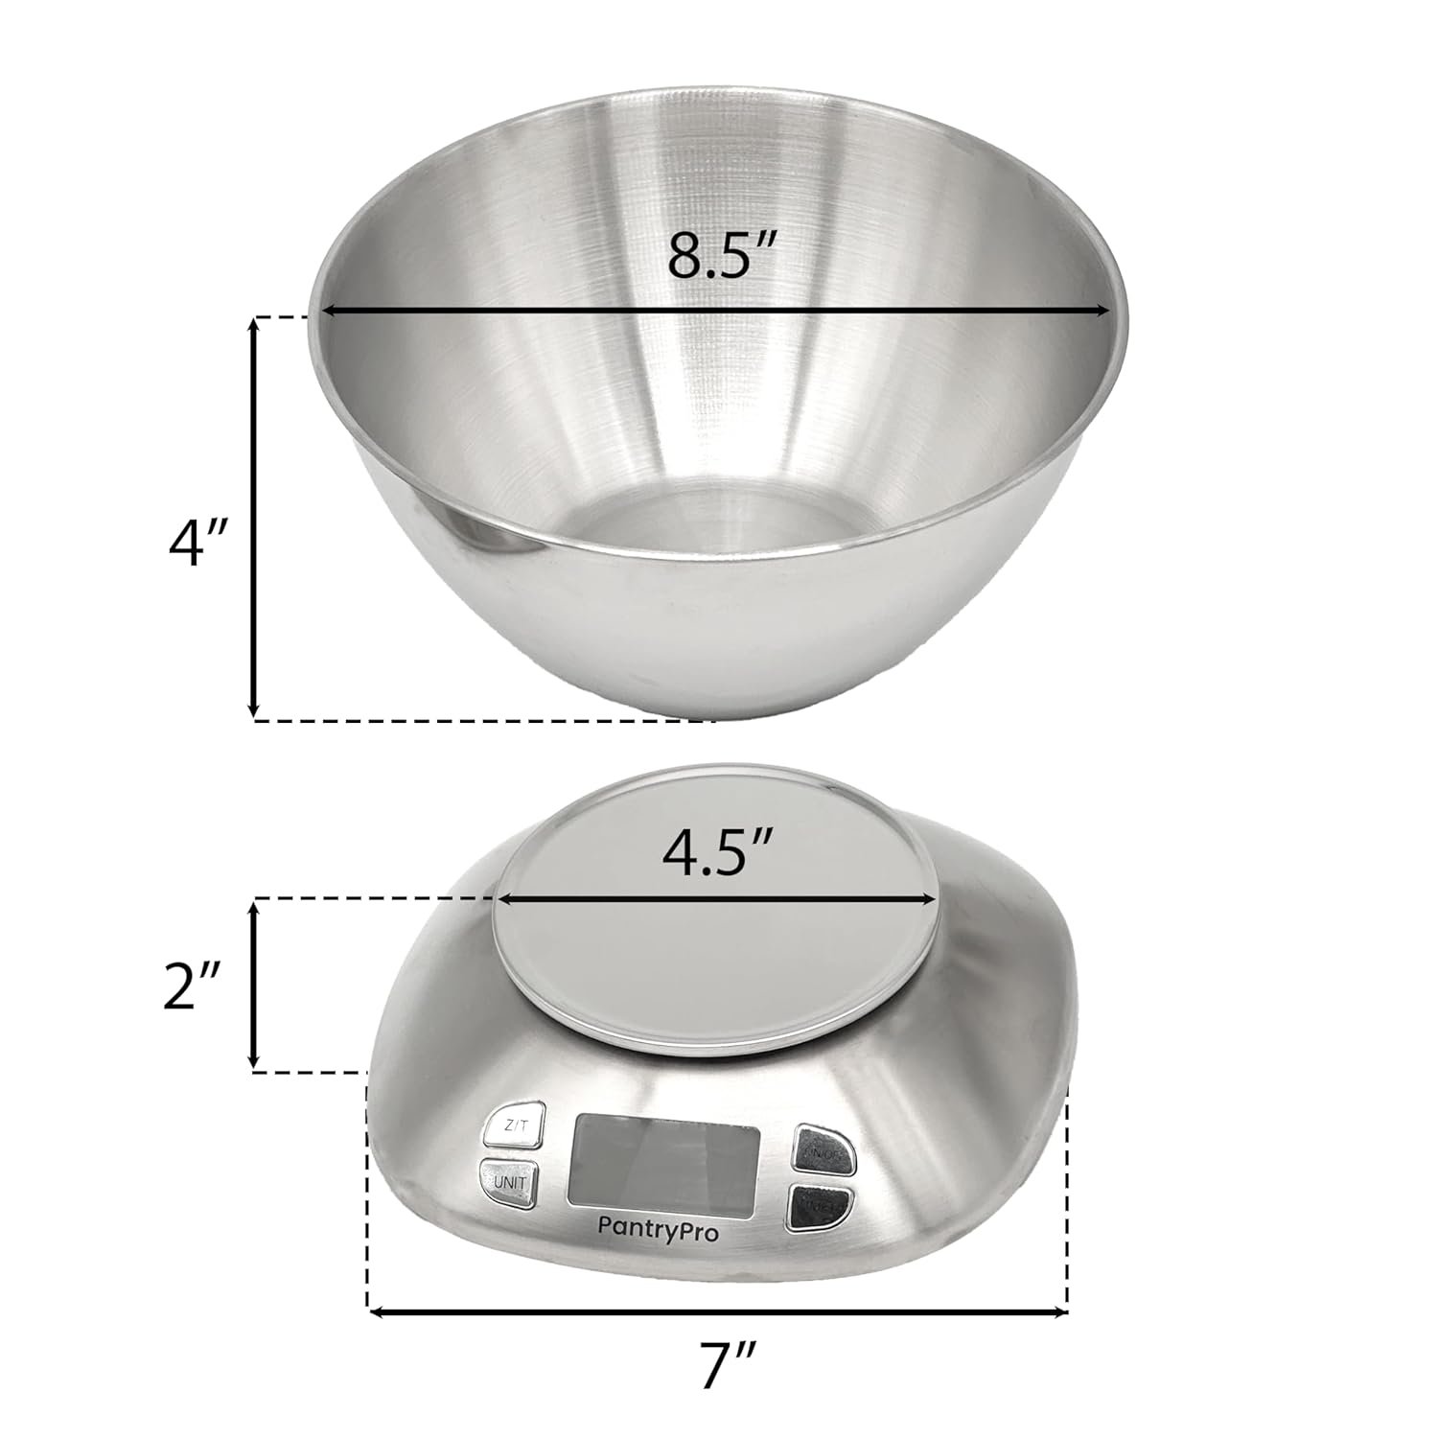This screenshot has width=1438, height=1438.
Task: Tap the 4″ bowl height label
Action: pos(196,545)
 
